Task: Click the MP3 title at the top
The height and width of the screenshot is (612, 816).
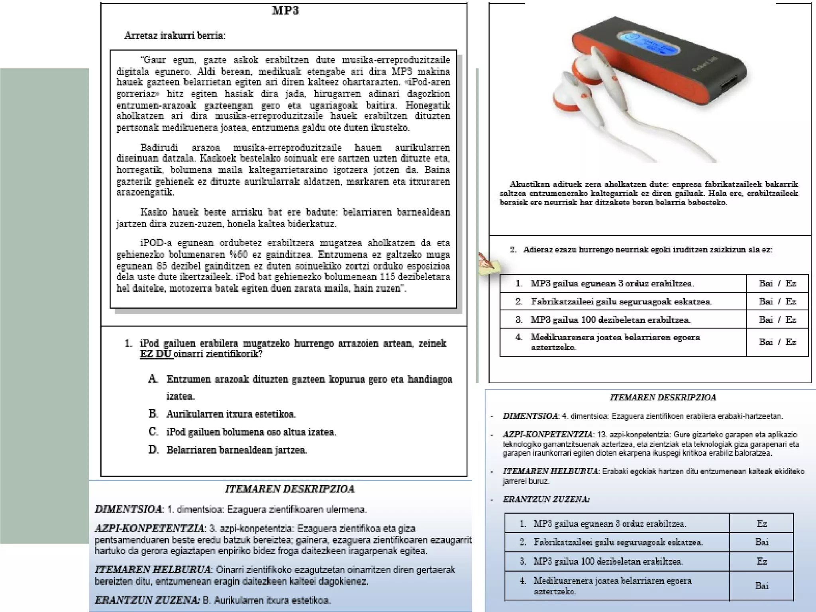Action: point(285,11)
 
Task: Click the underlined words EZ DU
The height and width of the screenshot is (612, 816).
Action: point(156,354)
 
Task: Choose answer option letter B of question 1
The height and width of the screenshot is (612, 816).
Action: point(153,414)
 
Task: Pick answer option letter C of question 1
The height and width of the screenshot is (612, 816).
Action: point(153,432)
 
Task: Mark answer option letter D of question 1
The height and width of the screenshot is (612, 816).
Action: point(153,450)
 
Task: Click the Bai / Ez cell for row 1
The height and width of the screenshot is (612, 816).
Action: point(777,284)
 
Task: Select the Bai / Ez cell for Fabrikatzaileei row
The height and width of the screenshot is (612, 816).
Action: point(777,302)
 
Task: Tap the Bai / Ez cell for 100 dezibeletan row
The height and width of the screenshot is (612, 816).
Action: point(777,320)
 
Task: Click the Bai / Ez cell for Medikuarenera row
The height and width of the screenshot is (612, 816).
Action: point(777,342)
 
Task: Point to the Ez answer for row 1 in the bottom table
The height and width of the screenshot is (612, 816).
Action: point(761,524)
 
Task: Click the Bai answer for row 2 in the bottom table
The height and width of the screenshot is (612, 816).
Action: point(761,542)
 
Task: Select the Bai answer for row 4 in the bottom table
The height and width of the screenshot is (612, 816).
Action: point(761,586)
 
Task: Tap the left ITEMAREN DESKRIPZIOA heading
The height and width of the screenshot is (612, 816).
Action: point(290,489)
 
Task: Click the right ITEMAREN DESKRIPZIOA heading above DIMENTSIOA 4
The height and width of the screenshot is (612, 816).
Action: point(663,397)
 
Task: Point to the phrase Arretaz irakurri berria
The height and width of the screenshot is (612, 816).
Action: point(175,35)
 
